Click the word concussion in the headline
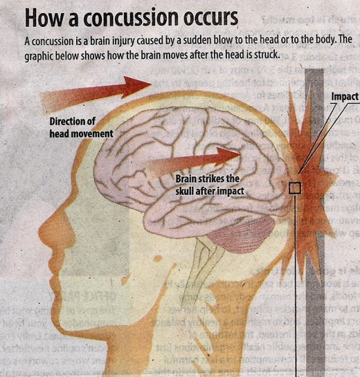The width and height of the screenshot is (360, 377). (132, 18)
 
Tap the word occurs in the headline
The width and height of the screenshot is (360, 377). (210, 18)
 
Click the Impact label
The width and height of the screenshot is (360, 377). (345, 97)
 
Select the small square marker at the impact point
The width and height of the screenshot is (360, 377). (295, 188)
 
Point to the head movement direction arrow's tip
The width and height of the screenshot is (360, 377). (152, 84)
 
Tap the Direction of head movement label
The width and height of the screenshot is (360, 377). (81, 127)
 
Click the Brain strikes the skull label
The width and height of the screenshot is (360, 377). (210, 185)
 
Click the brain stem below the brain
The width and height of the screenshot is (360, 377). (207, 262)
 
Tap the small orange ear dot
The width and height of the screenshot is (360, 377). (158, 259)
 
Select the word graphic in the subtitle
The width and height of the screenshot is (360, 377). (39, 56)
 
